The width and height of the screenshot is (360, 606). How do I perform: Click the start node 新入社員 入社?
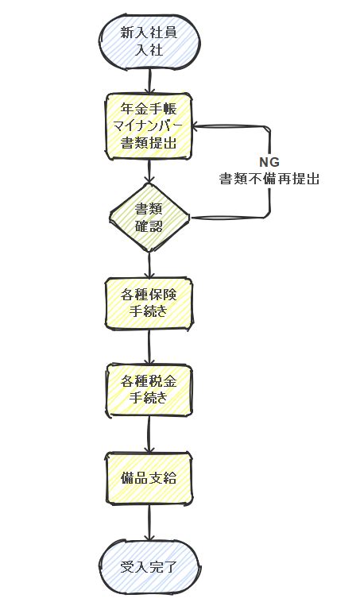coord(149,42)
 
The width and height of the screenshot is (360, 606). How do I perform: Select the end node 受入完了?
coord(149,567)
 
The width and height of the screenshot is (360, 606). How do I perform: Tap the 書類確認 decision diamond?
coord(149,218)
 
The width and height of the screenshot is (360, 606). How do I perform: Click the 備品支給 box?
coord(149,478)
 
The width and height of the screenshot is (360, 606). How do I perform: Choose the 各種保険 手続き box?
coord(149,303)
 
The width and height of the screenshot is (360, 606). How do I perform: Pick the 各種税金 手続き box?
coord(149,390)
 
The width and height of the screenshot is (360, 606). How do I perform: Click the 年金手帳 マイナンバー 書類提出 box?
coord(149,126)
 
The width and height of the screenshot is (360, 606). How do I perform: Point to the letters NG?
coord(269,162)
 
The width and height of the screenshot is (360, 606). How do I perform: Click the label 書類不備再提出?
coord(269,179)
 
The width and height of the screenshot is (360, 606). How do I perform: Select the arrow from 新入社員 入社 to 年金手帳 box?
coord(149,82)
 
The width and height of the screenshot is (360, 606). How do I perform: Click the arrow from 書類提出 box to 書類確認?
coord(149,172)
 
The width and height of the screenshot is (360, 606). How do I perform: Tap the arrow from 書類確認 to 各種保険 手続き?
coord(149,265)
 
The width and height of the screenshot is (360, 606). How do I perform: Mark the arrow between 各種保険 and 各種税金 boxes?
coord(149,347)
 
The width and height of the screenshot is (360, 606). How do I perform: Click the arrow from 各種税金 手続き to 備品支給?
coord(149,434)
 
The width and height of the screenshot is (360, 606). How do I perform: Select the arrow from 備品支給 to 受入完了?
coord(149,522)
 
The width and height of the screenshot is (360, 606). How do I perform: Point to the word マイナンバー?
coord(148,126)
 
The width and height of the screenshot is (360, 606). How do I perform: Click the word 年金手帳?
coord(149,109)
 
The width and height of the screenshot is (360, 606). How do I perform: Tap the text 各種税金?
coord(149,381)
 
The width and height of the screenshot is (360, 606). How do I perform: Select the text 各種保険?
coord(149,295)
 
